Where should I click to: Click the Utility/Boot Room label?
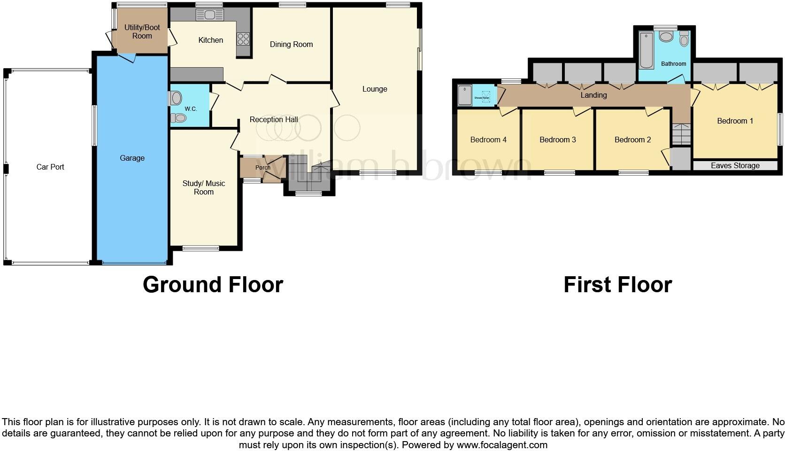tap(142, 31)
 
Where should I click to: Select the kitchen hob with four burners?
tap(243, 38)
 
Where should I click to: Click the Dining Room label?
tap(291, 44)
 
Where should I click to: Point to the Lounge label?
tap(375, 89)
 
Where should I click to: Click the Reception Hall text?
tap(274, 119)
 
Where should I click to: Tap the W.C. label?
tap(191, 109)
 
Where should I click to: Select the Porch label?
tap(262, 167)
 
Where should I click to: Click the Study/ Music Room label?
tap(204, 187)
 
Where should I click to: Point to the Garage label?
tap(132, 158)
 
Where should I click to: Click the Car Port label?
tap(50, 167)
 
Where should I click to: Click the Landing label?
tap(593, 95)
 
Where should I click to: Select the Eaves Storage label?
tap(735, 165)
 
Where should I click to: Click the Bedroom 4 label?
tap(488, 140)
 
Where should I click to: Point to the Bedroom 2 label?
tap(632, 140)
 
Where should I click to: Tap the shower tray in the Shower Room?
tap(464, 95)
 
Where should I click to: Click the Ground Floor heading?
tap(213, 285)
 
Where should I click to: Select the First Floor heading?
tap(617, 285)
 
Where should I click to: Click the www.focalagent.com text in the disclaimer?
tap(502, 444)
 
